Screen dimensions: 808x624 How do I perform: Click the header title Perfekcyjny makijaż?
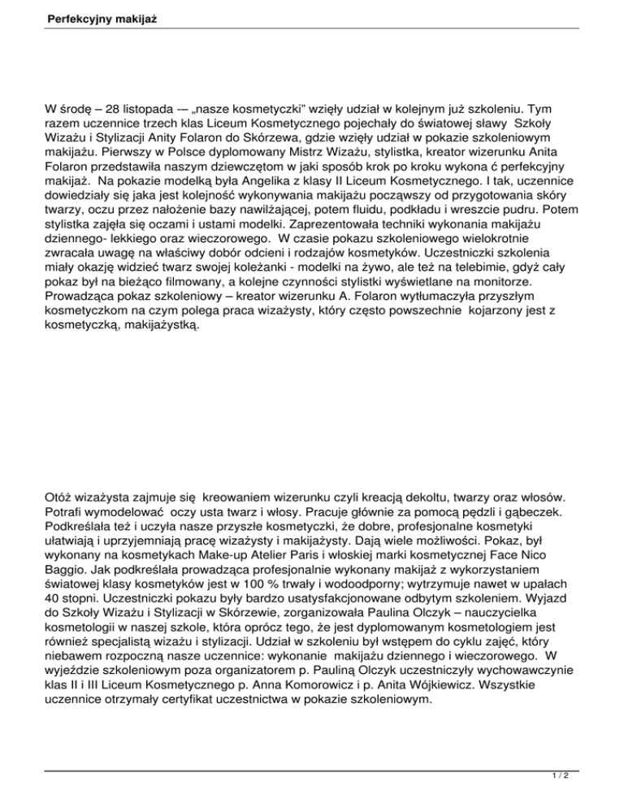(x=77, y=16)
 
